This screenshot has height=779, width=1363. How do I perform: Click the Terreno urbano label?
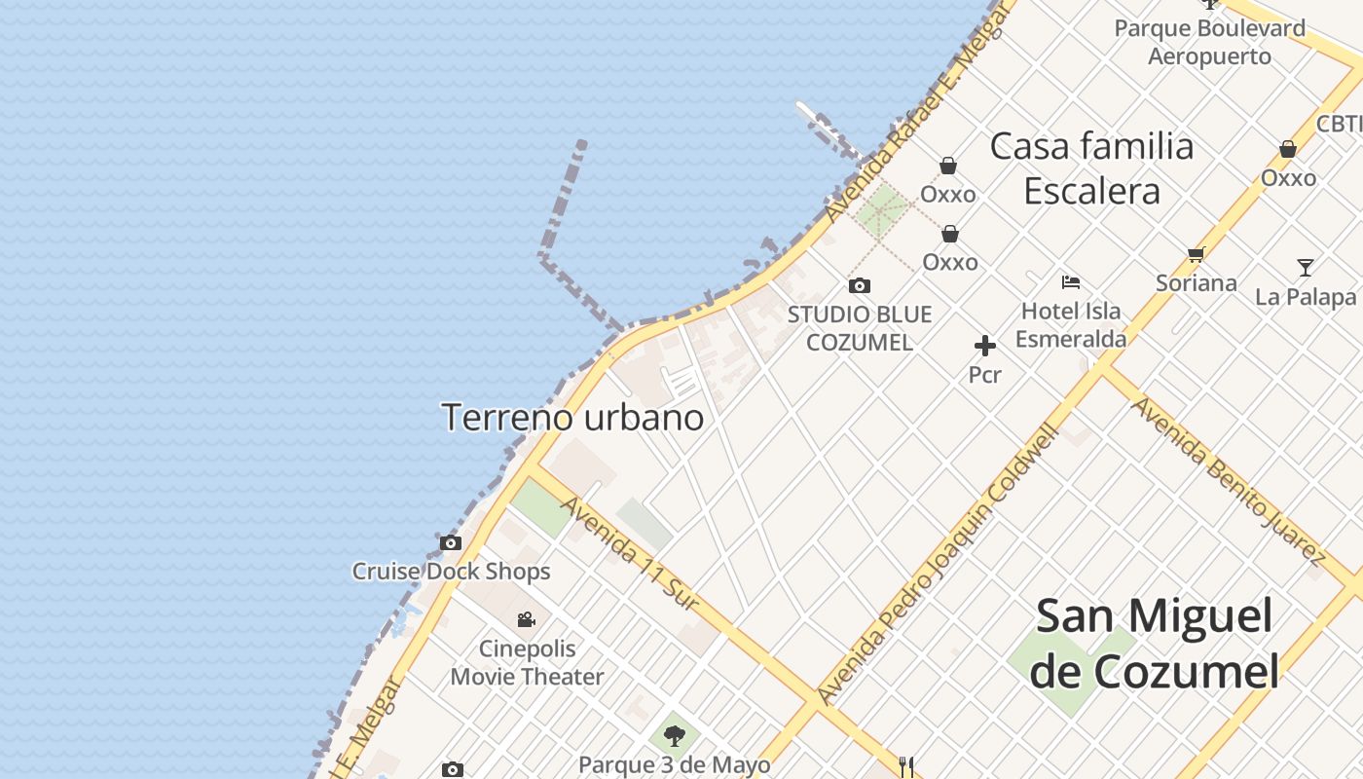(572, 418)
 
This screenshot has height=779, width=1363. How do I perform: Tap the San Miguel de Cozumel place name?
(1154, 644)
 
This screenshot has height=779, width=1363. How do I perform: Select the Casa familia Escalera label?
(1091, 168)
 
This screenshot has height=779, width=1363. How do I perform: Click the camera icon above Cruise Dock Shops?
(450, 543)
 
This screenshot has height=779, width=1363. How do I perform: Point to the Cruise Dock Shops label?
(451, 572)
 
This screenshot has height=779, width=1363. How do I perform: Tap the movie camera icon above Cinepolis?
(526, 619)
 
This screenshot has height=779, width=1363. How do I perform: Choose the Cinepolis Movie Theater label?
(527, 662)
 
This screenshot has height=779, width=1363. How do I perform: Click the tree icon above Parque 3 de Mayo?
(674, 735)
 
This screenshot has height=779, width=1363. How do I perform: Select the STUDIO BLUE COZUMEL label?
(860, 328)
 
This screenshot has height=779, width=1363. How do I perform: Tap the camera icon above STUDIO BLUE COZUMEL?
(859, 285)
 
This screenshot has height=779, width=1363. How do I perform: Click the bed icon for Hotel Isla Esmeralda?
(1071, 282)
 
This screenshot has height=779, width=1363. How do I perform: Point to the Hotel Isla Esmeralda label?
(1071, 324)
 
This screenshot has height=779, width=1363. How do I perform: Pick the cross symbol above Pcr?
(984, 346)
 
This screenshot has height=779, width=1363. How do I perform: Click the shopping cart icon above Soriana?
(1196, 255)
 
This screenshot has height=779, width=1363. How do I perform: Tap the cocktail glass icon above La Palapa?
(1306, 267)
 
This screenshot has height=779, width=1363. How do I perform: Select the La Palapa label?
(1306, 297)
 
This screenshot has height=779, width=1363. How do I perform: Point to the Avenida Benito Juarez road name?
(1228, 480)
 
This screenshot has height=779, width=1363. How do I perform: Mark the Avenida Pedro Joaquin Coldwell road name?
(937, 565)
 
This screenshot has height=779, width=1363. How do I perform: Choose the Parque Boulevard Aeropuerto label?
(1209, 42)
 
